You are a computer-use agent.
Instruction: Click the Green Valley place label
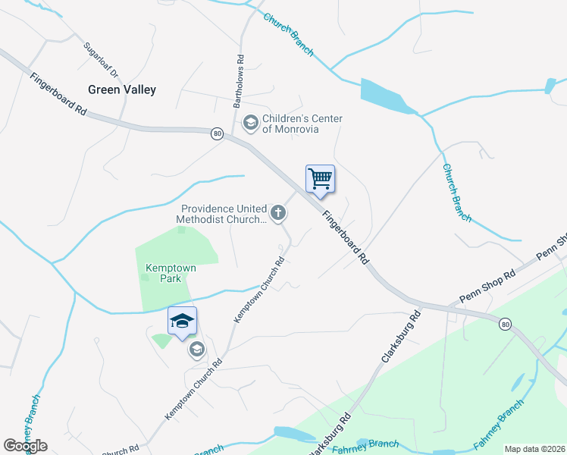pyautogui.click(x=122, y=89)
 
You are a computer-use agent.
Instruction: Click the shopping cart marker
pyautogui.click(x=320, y=179)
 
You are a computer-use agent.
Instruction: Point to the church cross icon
pyautogui.click(x=279, y=213)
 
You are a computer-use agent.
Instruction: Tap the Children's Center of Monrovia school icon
pyautogui.click(x=249, y=121)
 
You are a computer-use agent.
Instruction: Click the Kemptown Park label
pyautogui.click(x=164, y=273)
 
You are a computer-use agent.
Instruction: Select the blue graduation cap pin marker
pyautogui.click(x=182, y=322)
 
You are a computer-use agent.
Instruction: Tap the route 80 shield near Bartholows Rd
pyautogui.click(x=217, y=133)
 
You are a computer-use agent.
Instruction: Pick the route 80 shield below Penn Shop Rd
pyautogui.click(x=504, y=324)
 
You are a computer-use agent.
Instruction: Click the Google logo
pyautogui.click(x=25, y=445)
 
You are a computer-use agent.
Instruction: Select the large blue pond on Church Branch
pyautogui.click(x=387, y=96)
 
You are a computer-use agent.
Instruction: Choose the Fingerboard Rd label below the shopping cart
pyautogui.click(x=346, y=237)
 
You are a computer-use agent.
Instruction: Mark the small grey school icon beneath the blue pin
pyautogui.click(x=196, y=349)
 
